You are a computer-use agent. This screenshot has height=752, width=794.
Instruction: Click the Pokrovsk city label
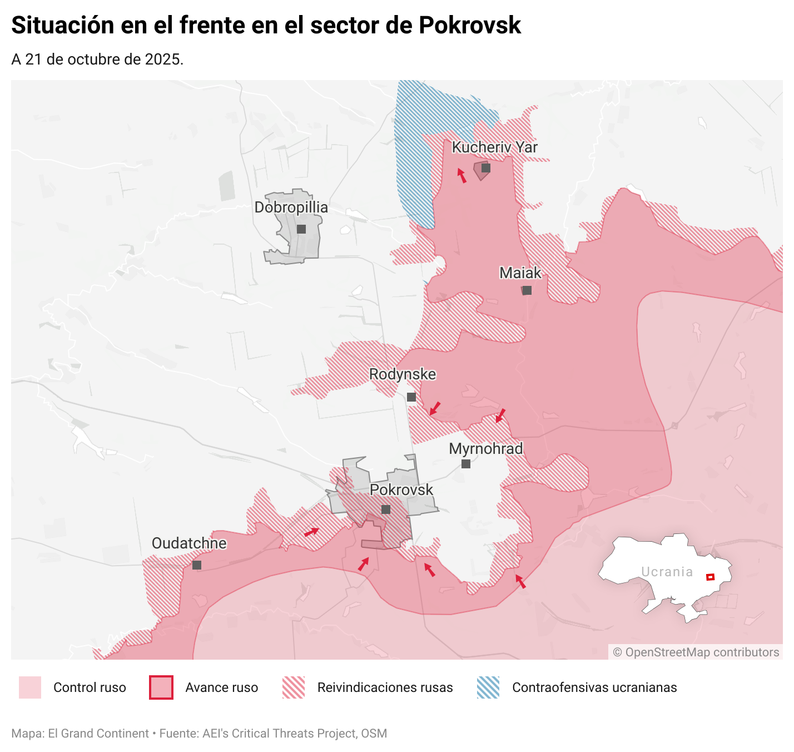pyautogui.click(x=401, y=490)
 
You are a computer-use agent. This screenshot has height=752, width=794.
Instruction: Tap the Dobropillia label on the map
pyautogui.click(x=291, y=207)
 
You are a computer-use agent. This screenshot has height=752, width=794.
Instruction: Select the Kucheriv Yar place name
pyautogui.click(x=494, y=147)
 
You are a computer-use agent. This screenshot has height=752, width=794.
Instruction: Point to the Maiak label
pyautogui.click(x=520, y=273)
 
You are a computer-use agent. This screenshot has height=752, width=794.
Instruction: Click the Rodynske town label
pyautogui.click(x=403, y=374)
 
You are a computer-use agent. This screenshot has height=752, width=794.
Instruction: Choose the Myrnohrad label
pyautogui.click(x=486, y=449)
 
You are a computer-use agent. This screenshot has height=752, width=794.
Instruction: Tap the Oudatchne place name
pyautogui.click(x=189, y=543)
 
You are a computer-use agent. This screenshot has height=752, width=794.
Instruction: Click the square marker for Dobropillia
pyautogui.click(x=301, y=229)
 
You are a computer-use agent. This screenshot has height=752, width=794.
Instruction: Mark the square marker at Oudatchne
pyautogui.click(x=197, y=565)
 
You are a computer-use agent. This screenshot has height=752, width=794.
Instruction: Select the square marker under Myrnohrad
pyautogui.click(x=466, y=464)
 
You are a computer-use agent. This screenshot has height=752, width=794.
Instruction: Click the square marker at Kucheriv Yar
pyautogui.click(x=486, y=167)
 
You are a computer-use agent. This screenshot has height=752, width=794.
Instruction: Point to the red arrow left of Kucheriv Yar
pyautogui.click(x=461, y=176)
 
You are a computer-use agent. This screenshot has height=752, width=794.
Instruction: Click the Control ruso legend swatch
pyautogui.click(x=30, y=687)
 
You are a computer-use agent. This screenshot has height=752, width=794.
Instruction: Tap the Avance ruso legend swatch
pyautogui.click(x=161, y=687)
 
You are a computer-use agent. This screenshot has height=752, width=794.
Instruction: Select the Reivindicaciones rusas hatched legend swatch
pyautogui.click(x=294, y=687)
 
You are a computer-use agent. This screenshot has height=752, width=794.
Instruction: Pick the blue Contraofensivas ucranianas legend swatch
pyautogui.click(x=488, y=687)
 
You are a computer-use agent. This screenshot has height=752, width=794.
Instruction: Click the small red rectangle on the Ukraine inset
pyautogui.click(x=710, y=577)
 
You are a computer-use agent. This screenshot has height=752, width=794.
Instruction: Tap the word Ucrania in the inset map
pyautogui.click(x=667, y=572)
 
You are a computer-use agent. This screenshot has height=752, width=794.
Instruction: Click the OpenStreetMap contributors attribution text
pyautogui.click(x=696, y=652)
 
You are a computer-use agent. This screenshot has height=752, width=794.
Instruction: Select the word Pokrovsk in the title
pyautogui.click(x=470, y=26)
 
